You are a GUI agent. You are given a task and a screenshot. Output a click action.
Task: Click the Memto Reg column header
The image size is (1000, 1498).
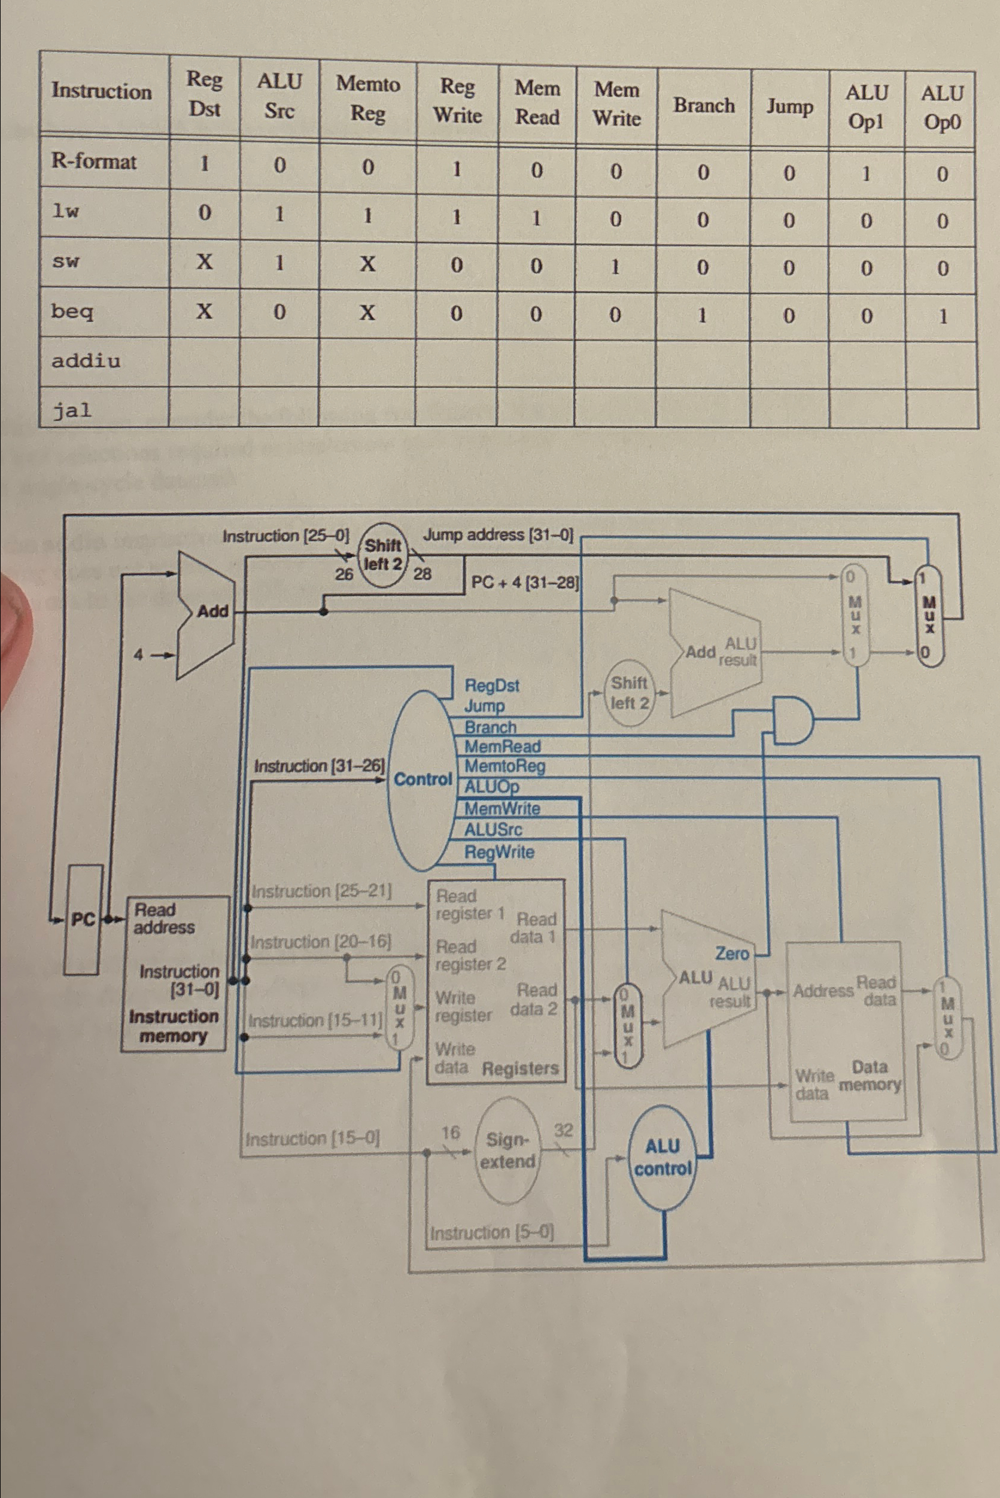(x=368, y=99)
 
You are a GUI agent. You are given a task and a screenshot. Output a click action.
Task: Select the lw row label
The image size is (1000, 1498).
(x=65, y=212)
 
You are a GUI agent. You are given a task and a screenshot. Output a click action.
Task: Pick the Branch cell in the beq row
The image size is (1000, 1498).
(x=702, y=315)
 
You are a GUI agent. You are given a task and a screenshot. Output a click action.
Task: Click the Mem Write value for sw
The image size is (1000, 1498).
(x=615, y=267)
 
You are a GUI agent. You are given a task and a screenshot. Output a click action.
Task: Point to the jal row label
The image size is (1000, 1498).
(x=71, y=410)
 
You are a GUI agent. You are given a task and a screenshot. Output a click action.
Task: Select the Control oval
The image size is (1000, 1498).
(x=421, y=780)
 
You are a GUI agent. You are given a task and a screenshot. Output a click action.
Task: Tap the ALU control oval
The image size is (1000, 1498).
(x=662, y=1158)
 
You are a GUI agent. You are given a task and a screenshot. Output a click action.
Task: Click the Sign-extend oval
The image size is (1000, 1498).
(x=507, y=1150)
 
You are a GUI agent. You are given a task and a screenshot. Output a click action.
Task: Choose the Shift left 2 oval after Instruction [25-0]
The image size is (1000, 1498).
(x=382, y=555)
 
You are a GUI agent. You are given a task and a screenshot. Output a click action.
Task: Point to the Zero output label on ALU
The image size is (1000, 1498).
(x=731, y=954)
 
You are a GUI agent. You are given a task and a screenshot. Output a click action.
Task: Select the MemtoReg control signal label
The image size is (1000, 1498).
(x=504, y=766)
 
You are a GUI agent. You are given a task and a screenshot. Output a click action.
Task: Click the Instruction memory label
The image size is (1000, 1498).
(x=174, y=1025)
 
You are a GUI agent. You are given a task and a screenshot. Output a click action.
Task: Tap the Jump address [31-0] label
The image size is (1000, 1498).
(x=498, y=535)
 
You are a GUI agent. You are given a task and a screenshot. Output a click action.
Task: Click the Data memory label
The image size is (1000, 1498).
(x=870, y=1076)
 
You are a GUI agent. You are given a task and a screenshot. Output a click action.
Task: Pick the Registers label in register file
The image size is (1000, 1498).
(x=521, y=1068)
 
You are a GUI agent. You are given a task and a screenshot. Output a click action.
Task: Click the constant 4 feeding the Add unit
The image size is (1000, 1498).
(x=138, y=654)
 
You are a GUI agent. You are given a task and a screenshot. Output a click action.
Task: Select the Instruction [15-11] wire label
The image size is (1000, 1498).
(x=314, y=1021)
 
